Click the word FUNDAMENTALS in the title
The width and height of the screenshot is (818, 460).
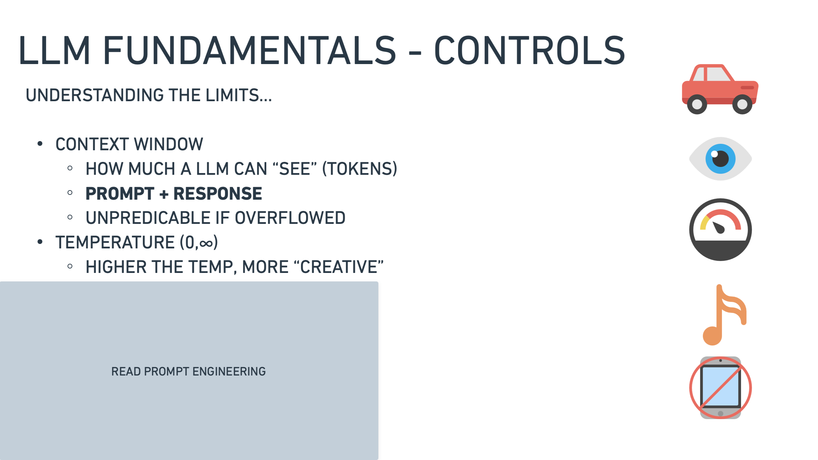pos(250,50)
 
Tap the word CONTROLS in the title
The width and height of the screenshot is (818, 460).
pos(530,50)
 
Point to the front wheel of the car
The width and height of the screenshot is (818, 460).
pos(742,104)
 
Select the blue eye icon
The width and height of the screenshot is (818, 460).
pos(720,159)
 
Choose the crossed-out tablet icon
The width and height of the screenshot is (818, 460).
pos(720,388)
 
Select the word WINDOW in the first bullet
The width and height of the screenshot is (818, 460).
pos(169,144)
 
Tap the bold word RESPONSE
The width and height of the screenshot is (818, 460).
pos(218,194)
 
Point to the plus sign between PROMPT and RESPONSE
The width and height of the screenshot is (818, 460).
pos(164,194)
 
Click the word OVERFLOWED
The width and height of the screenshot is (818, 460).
pos(290,218)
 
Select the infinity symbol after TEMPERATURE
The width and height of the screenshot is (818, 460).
pos(206,244)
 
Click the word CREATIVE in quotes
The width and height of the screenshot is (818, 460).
pos(339,267)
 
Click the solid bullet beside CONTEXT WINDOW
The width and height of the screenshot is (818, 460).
pos(40,144)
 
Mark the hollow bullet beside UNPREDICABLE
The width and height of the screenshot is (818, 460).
pos(70,217)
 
